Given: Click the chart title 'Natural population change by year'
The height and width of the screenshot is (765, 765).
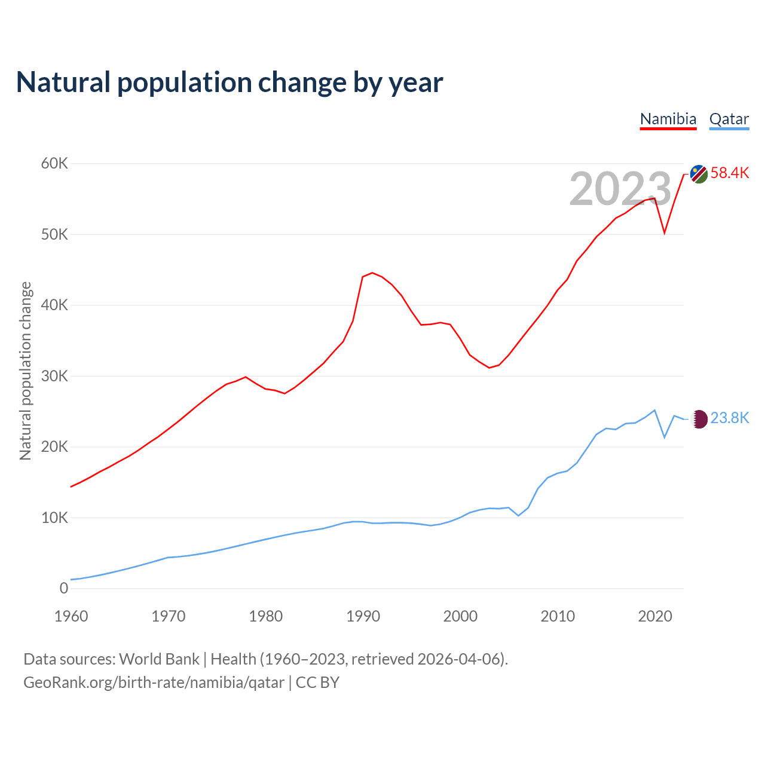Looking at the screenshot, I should pos(229,82).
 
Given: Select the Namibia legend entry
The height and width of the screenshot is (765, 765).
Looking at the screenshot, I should pos(668,119).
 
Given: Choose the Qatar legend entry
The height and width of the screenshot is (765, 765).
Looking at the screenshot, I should pos(729,119).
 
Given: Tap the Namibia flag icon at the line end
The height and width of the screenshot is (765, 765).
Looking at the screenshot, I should pos(699,174).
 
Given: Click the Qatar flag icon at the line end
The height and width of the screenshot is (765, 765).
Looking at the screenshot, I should pos(699,418).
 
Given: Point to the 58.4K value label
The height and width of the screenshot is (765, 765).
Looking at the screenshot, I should pos(730,173).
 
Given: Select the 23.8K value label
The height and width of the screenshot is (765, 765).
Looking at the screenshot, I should pos(730,418).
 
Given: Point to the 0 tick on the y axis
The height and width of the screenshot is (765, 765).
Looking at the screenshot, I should pos(64,588).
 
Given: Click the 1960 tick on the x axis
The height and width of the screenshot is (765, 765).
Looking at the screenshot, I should pos(71,616).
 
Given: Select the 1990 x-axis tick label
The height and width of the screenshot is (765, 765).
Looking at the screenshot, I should pos(363,616).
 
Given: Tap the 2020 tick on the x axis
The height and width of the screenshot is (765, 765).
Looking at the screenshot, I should pos(655,616).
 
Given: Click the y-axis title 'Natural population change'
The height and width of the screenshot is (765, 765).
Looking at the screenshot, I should pos(26,371).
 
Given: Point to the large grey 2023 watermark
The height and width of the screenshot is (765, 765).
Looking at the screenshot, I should pos(620,189).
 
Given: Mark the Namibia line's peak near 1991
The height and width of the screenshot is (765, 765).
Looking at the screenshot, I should pos(372,273).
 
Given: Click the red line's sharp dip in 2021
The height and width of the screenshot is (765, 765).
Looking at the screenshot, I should pos(665,233).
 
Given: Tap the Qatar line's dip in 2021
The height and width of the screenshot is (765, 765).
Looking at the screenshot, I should pos(665,437).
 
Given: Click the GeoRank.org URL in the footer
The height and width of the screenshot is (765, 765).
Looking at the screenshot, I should pos(154,683).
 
